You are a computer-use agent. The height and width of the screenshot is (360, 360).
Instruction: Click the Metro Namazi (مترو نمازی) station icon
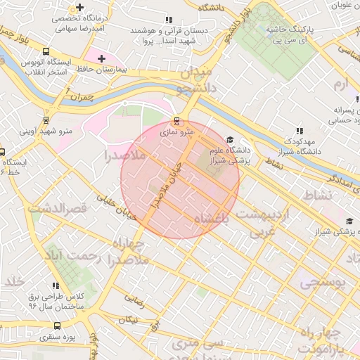[x=176, y=120]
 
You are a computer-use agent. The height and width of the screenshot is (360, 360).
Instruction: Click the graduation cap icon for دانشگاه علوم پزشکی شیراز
[x=229, y=140]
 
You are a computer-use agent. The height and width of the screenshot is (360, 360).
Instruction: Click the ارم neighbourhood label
[x=341, y=85]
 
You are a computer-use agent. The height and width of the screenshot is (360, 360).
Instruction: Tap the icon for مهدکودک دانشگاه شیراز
[x=300, y=131]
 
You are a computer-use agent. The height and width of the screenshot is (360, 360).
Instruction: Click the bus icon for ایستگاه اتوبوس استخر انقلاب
[x=46, y=51]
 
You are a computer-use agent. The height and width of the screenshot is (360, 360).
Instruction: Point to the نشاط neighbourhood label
[x=315, y=194]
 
